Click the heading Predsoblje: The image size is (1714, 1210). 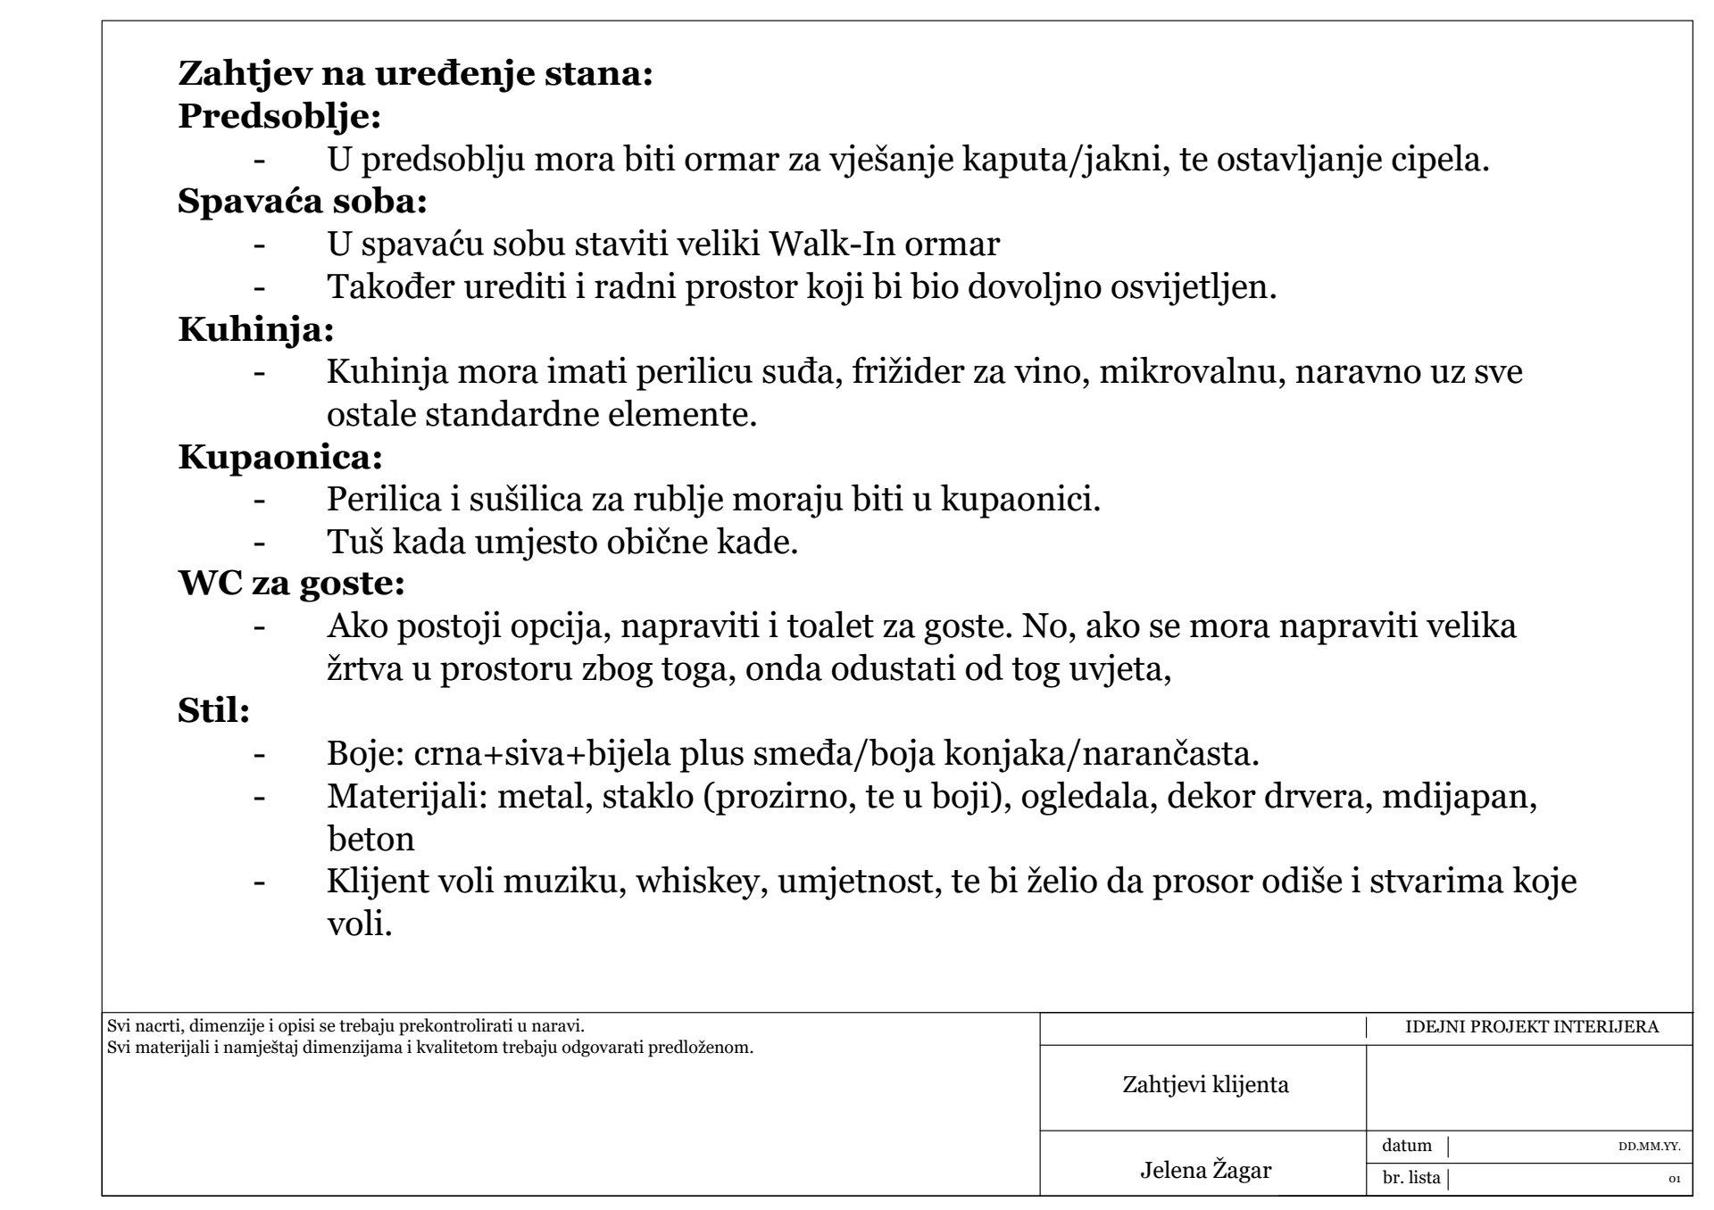[279, 117]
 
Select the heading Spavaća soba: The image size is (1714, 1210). [303, 202]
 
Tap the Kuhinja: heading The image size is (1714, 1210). [256, 330]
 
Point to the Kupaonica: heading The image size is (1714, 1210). [280, 458]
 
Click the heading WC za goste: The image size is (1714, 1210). [292, 584]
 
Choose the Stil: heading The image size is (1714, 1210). [213, 712]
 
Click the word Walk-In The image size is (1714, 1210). [832, 244]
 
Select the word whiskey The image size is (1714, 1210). [701, 882]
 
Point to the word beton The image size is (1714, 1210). [370, 840]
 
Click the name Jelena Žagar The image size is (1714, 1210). [1205, 1171]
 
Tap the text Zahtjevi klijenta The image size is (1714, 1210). [1205, 1085]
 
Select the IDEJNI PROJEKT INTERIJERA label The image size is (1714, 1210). [1531, 1027]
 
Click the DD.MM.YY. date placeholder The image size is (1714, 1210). [1649, 1148]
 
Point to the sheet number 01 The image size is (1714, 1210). [1675, 1180]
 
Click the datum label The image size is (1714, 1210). [1407, 1146]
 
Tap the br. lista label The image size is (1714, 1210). [1411, 1178]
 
